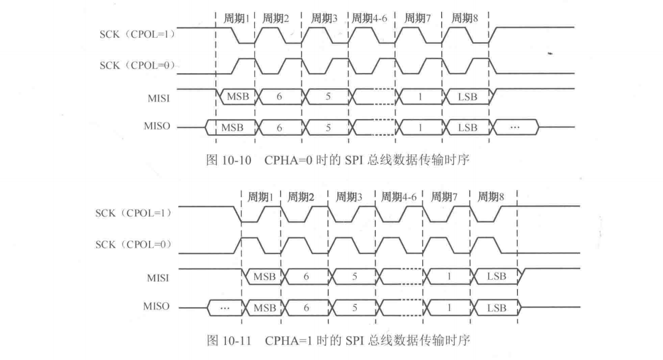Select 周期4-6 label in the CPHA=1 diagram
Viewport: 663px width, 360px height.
pyautogui.click(x=400, y=196)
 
